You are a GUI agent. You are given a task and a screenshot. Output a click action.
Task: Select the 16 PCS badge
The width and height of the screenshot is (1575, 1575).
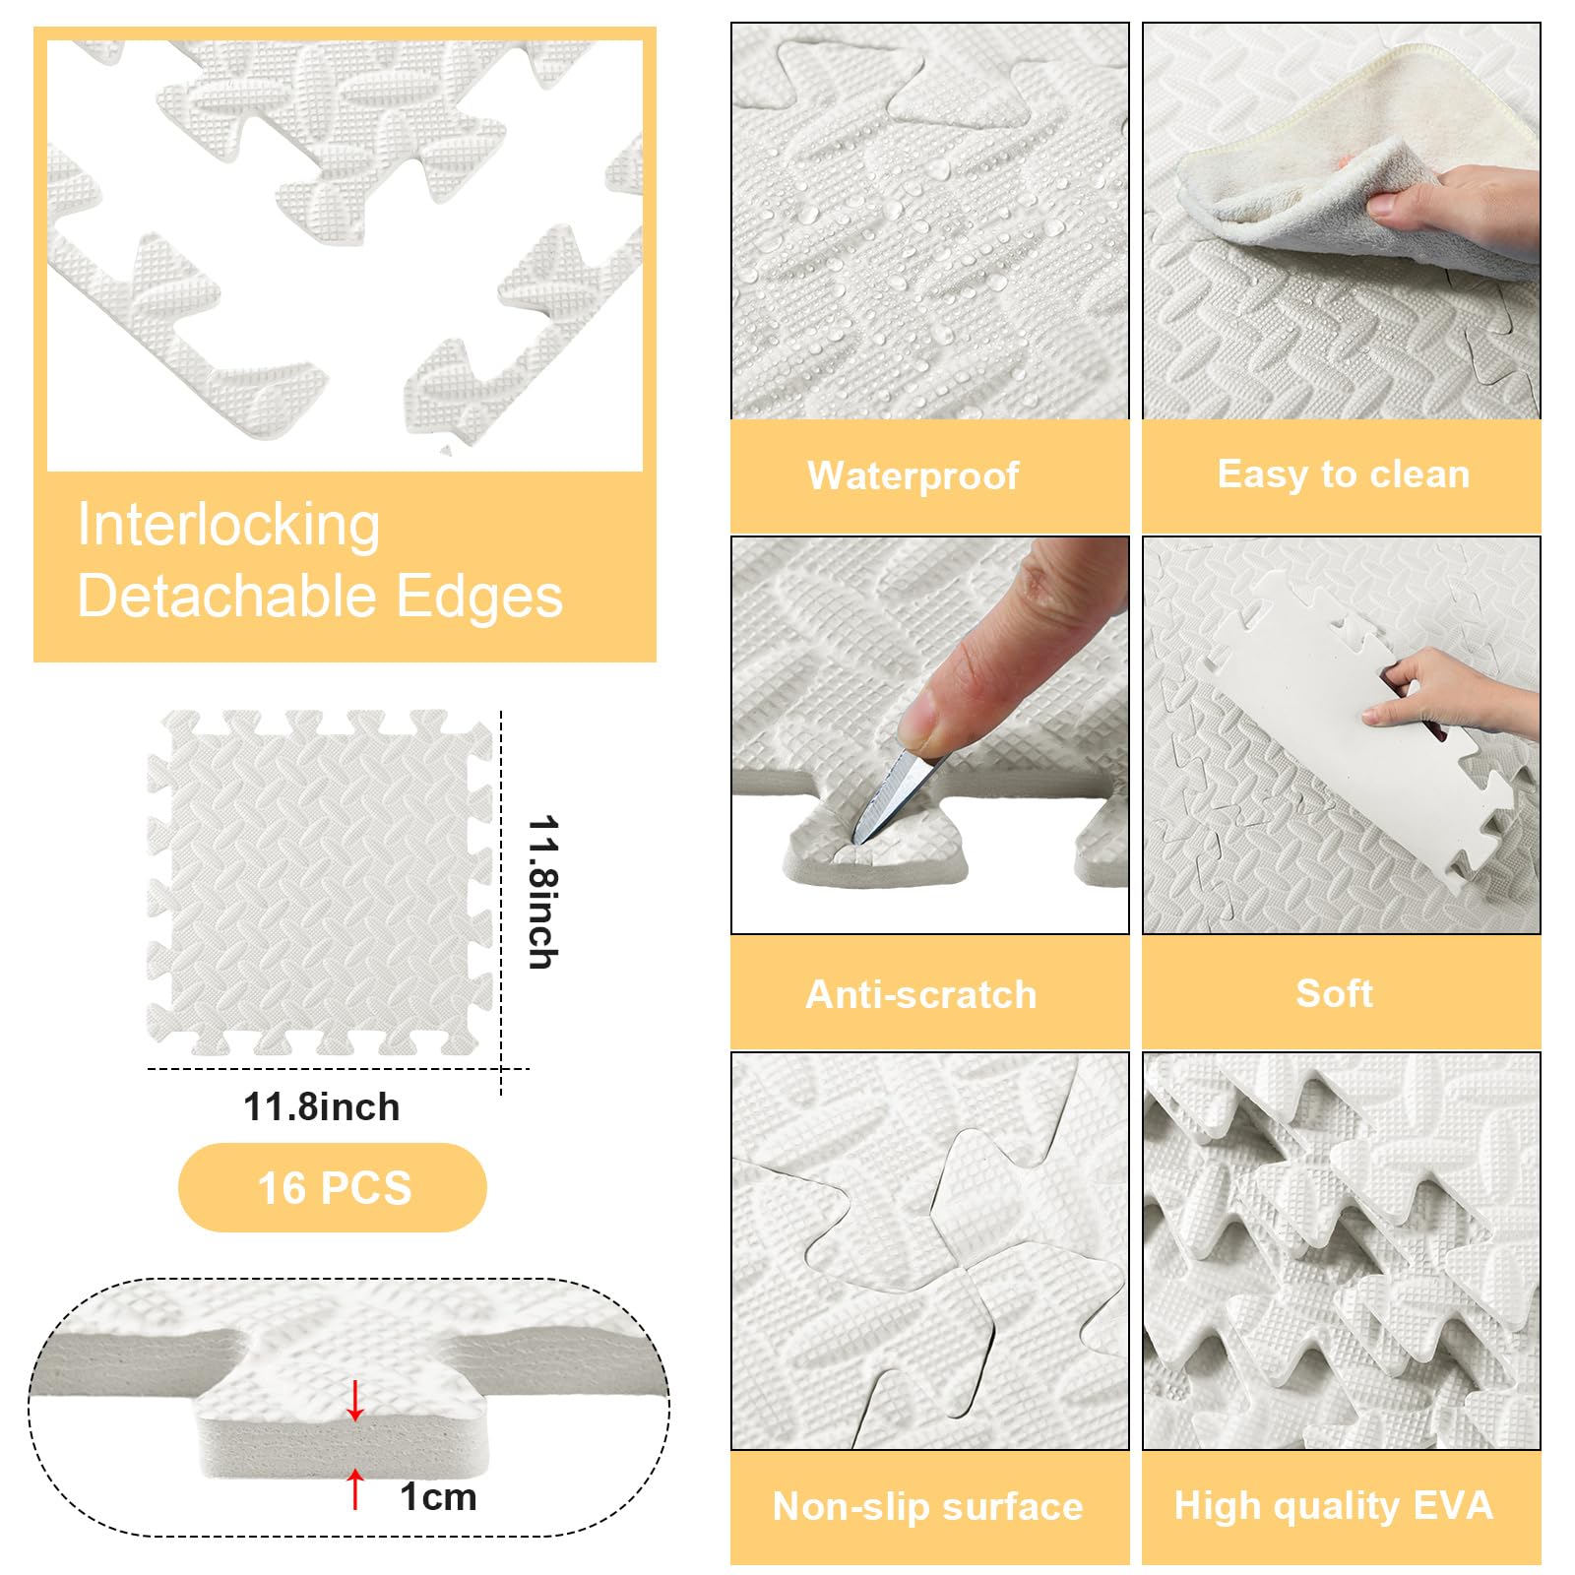coord(333,1187)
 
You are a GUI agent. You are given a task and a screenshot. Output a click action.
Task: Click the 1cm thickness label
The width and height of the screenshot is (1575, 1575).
coord(438,1497)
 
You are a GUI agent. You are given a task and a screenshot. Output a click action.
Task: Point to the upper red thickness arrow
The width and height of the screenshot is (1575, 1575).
coord(355,1401)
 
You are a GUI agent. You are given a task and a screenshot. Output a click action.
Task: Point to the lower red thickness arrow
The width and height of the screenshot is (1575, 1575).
coord(355,1488)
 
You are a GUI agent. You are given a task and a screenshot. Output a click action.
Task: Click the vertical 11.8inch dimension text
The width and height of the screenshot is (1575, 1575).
coord(543,892)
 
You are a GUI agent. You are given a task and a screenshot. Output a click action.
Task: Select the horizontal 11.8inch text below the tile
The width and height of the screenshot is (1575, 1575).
coord(322,1107)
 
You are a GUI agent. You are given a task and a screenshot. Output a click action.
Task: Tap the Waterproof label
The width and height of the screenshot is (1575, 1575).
coord(913,475)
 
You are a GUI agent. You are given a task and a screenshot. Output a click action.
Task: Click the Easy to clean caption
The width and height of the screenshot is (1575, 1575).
coord(1344,474)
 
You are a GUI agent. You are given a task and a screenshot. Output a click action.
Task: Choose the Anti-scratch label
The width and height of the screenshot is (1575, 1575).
coord(921,994)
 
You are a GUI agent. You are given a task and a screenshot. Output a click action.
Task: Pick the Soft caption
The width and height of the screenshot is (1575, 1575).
coord(1335,993)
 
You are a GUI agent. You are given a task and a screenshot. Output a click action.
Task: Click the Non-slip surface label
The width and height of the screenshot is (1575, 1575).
coord(927,1506)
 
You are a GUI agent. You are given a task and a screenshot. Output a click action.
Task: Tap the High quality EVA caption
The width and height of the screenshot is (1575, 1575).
coord(1334,1506)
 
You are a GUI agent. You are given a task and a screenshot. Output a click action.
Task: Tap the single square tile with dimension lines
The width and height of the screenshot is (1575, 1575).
coord(320,883)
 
